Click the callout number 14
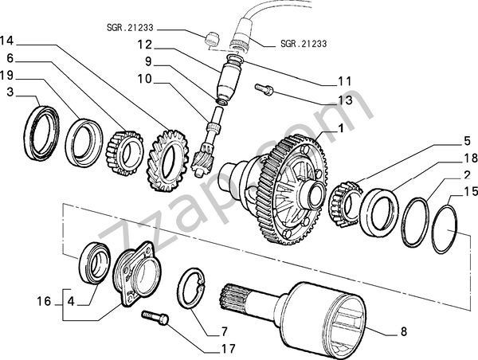(7, 40)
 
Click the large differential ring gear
(283, 187)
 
